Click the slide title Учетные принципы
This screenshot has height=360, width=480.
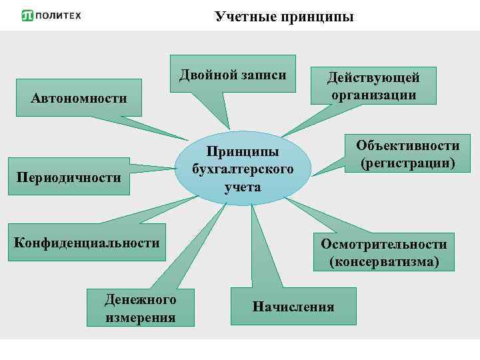[x=284, y=17]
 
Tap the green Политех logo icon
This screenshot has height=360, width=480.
[x=27, y=16]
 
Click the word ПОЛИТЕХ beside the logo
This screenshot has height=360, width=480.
[x=59, y=16]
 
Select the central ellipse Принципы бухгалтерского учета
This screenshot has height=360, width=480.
[x=242, y=169]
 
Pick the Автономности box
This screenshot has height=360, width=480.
[x=79, y=99]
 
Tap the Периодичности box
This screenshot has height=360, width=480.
[x=69, y=177]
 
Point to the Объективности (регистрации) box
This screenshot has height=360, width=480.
[x=407, y=155]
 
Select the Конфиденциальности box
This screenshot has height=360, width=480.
[x=87, y=243]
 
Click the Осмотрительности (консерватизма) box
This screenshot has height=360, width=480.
[x=383, y=253]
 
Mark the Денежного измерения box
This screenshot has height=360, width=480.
[x=141, y=307]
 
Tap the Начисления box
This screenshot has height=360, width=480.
[x=293, y=307]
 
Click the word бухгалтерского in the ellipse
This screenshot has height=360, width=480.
[x=242, y=169]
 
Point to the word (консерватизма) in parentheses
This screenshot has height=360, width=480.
[x=383, y=262]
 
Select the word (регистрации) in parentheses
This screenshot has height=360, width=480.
[x=407, y=163]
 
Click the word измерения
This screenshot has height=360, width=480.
[x=141, y=317]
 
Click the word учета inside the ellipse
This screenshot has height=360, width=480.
[x=242, y=187]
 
